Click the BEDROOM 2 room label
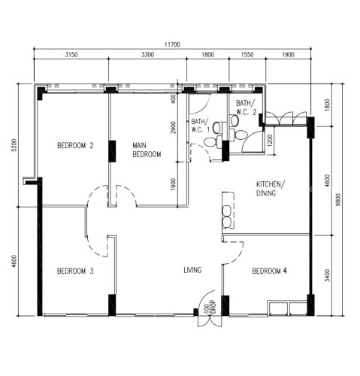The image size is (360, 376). tap(75, 145)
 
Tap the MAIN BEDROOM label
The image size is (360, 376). tap(147, 150)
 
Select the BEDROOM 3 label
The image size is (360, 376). tap(75, 271)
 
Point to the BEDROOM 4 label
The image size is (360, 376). tap(269, 271)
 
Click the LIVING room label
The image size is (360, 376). tap(192, 270)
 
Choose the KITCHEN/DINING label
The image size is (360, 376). tap(271, 189)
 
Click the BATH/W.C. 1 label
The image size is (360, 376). tap(200, 126)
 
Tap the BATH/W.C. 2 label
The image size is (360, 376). tap(246, 108)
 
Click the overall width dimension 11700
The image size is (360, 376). tap(172, 44)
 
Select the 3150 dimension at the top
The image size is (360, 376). tap(71, 54)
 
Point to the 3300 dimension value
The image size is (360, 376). tap(147, 54)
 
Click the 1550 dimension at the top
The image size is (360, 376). tap(247, 54)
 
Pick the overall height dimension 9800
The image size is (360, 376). tap(339, 199)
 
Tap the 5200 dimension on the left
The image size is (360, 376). tap(15, 145)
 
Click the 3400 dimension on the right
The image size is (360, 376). tap(328, 275)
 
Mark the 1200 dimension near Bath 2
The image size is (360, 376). tap(270, 141)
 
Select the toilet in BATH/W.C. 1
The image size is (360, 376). tap(210, 142)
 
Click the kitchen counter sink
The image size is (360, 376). tap(227, 217)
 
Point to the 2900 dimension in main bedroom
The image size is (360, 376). tap(173, 127)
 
